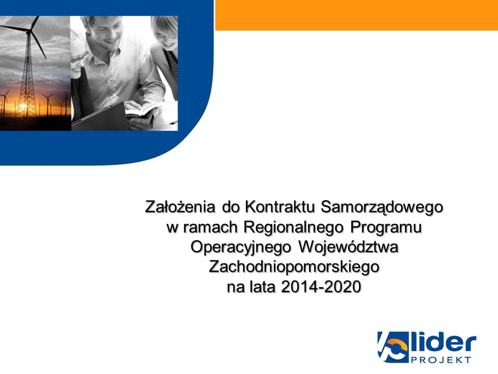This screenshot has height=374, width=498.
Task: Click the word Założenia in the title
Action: pos(180,207)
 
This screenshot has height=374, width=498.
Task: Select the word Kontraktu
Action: pos(280,207)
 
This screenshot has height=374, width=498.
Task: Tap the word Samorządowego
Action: pos(382,208)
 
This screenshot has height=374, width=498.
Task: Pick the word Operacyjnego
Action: pos(241,248)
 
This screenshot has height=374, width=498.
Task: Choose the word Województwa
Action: pos(348,247)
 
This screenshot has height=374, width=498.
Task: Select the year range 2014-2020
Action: pos(321,287)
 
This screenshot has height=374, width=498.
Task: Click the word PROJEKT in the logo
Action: pos(441,360)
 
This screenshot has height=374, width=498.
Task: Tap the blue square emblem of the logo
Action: pos(393,347)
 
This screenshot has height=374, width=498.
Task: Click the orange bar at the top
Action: pos(356,15)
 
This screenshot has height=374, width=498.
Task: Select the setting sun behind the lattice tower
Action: pos(23,105)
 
